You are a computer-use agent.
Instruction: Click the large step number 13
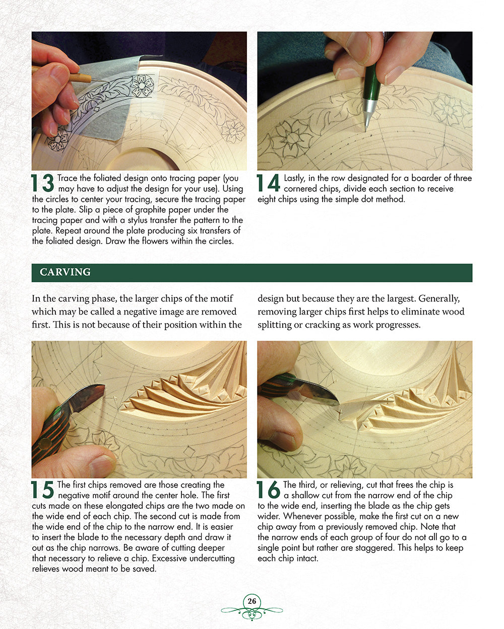[43, 184]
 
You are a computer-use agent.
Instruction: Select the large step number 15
[43, 490]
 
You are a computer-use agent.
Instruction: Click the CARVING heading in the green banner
[65, 272]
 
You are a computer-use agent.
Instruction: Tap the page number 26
[251, 601]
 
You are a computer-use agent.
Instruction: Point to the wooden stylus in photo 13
[76, 74]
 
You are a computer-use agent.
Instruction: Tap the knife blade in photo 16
[318, 395]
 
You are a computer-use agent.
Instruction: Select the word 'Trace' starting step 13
[68, 178]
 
